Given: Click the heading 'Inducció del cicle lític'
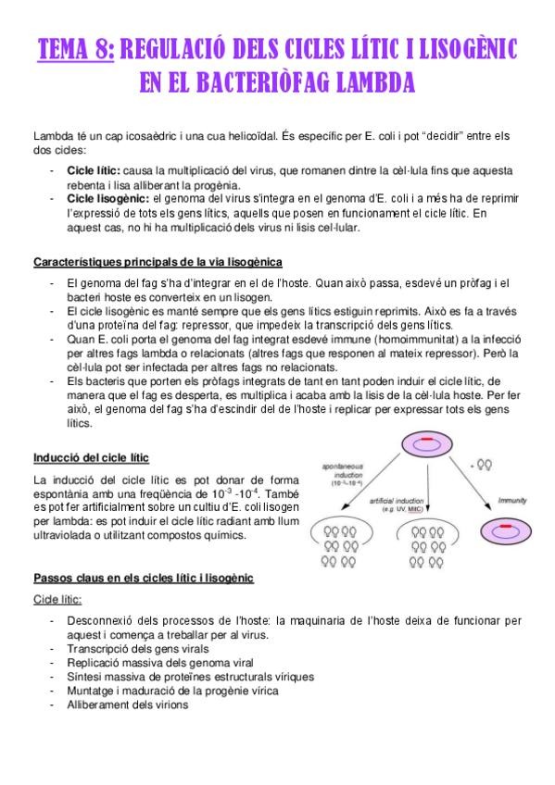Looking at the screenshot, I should (91, 457).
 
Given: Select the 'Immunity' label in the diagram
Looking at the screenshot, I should (512, 501).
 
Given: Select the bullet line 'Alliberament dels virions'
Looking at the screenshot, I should (127, 704).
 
